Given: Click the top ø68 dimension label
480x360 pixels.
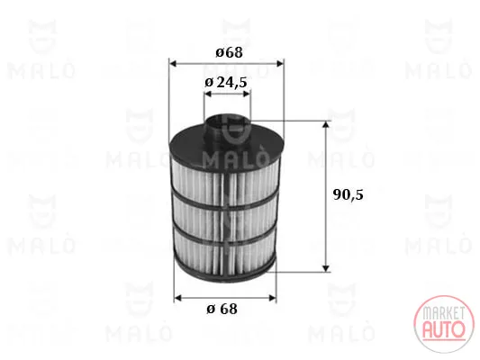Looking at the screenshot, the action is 229,52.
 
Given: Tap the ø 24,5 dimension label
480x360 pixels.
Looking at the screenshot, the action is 226,82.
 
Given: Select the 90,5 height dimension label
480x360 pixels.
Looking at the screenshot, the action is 348,194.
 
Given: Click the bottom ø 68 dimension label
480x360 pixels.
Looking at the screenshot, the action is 222,309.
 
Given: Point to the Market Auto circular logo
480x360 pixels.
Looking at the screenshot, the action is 444,324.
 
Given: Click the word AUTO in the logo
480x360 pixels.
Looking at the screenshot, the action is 444,329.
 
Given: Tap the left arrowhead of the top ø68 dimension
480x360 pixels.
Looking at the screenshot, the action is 173,64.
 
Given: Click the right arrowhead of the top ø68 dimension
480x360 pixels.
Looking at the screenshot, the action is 280,64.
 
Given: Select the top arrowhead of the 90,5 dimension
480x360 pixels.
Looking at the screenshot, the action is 326,124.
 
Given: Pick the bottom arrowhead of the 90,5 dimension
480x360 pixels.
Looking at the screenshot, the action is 326,267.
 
